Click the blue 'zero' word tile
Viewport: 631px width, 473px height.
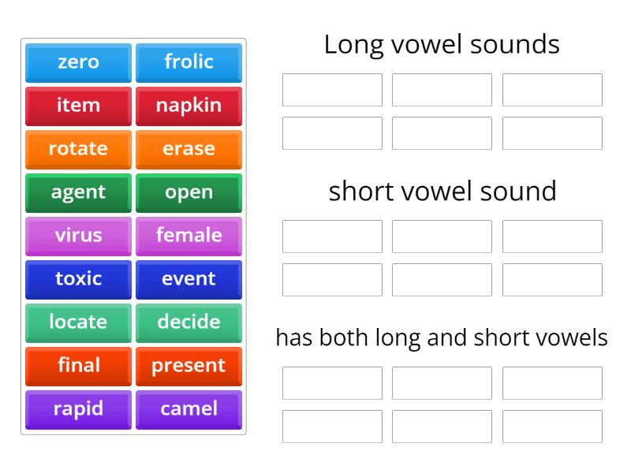click(x=78, y=62)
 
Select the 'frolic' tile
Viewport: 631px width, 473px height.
click(x=189, y=62)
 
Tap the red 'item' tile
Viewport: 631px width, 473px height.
click(x=78, y=106)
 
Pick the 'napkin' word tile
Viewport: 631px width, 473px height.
click(x=189, y=106)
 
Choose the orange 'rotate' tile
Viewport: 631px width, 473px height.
click(x=78, y=149)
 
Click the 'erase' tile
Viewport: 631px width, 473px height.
click(x=189, y=149)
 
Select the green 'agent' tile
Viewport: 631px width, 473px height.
click(x=78, y=192)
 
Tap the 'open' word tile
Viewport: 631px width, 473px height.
click(x=189, y=192)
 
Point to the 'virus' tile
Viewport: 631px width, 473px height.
click(x=78, y=236)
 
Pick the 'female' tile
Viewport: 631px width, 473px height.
click(x=189, y=236)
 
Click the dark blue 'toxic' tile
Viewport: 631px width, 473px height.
click(x=78, y=279)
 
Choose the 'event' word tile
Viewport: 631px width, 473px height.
click(x=189, y=279)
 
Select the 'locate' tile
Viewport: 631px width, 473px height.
click(x=78, y=322)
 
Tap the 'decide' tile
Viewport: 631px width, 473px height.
click(x=189, y=322)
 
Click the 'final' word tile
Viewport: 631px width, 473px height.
click(x=78, y=366)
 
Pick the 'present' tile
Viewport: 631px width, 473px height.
click(x=189, y=366)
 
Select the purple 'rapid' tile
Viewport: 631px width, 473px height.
click(x=78, y=409)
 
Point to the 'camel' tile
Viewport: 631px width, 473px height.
click(x=189, y=409)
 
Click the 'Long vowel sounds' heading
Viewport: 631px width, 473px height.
click(x=442, y=45)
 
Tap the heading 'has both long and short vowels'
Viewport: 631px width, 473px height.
click(x=442, y=338)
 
